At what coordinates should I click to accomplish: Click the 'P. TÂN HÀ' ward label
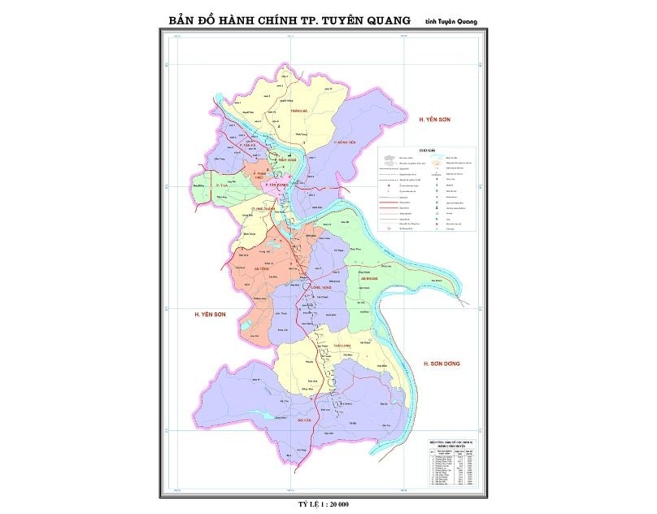click(x=248, y=145)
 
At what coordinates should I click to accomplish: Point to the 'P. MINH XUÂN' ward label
click(x=284, y=159)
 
